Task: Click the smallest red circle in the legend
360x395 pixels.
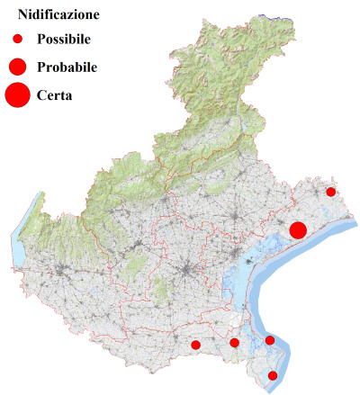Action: point(17,40)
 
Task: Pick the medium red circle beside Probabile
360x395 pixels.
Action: point(17,67)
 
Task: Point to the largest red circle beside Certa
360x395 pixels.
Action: point(17,94)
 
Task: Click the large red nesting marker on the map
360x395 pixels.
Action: point(298,230)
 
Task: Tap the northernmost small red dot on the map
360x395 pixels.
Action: point(331,192)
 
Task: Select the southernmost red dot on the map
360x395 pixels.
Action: point(274,375)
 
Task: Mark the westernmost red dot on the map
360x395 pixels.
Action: point(195,345)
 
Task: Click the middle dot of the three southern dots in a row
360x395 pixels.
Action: point(235,343)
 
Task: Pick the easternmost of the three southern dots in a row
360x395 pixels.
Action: point(270,340)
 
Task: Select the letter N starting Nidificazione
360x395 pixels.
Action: point(23,15)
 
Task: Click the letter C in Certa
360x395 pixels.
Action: point(41,94)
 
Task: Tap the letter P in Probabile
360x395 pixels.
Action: point(41,67)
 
